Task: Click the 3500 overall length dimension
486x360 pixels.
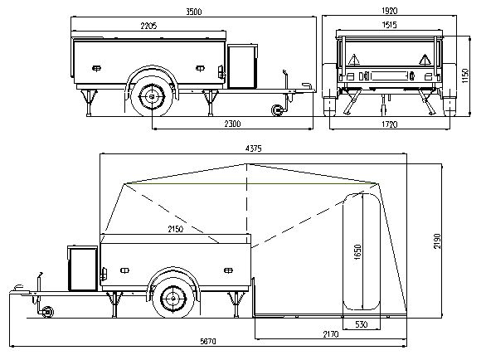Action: coord(194,12)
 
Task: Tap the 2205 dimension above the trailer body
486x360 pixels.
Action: coord(148,26)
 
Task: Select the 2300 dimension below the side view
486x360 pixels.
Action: coord(232,124)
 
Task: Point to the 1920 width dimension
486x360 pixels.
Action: coord(389,11)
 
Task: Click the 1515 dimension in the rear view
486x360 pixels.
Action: coord(389,25)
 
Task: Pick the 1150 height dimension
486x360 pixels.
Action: coord(465,75)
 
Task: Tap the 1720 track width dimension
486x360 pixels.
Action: coord(389,124)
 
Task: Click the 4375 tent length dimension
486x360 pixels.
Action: coord(253,148)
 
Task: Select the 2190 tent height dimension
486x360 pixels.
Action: coord(437,241)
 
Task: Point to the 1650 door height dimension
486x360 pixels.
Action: coord(357,252)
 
